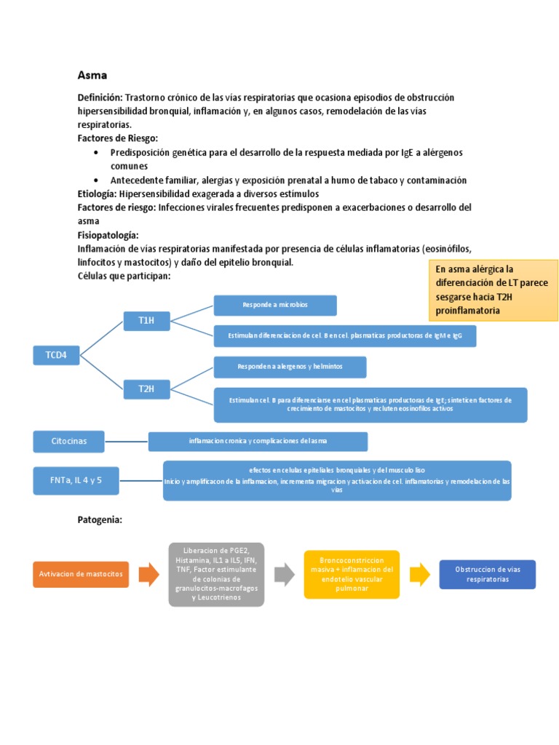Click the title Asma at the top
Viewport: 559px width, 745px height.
tap(92, 75)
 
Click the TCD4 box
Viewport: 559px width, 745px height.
tap(56, 355)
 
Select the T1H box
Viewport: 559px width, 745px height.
tap(146, 320)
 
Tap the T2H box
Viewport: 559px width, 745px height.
tap(146, 389)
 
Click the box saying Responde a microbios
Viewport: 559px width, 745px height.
tap(274, 305)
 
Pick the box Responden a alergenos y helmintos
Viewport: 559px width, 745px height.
tap(290, 367)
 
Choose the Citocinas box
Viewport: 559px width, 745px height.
tap(69, 441)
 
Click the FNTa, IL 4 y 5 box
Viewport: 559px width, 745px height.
tap(76, 480)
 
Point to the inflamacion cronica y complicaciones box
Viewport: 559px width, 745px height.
tap(258, 441)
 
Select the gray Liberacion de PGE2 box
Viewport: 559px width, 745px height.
tap(216, 574)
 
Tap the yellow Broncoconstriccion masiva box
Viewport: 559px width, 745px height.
tap(352, 574)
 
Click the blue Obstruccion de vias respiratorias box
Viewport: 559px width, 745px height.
tap(487, 574)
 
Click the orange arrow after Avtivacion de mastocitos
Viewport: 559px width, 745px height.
tap(148, 575)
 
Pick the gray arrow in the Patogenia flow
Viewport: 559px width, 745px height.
tap(284, 575)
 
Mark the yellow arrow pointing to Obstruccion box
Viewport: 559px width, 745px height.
tap(419, 575)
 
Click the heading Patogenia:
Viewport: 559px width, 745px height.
tap(100, 519)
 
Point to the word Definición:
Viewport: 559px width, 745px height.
tap(100, 97)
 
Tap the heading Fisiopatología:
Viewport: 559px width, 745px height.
tap(108, 235)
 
